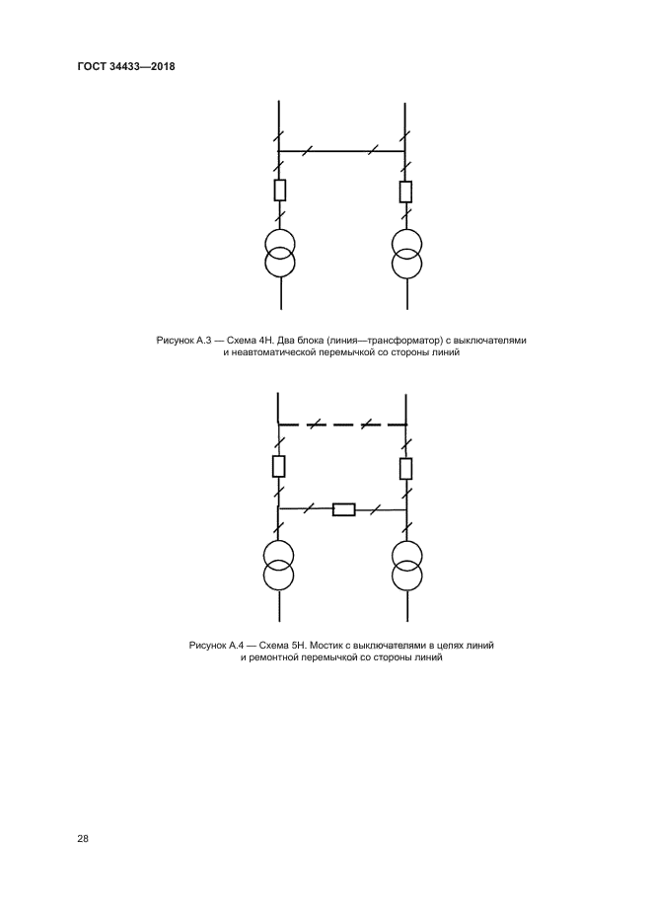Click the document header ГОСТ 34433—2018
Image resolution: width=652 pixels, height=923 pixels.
tap(125, 67)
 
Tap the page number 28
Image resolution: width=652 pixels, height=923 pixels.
tap(82, 839)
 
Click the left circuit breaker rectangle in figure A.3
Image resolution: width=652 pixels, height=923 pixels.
tap(280, 191)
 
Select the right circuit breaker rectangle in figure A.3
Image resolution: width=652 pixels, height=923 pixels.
tap(405, 191)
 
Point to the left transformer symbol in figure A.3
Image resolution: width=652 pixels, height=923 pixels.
tap(280, 253)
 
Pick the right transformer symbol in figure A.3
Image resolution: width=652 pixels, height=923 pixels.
tap(405, 253)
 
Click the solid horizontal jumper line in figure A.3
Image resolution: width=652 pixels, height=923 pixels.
tap(342, 151)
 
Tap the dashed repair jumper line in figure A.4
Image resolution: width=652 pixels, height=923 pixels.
tap(342, 424)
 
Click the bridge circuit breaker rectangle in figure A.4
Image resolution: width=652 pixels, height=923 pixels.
tap(343, 509)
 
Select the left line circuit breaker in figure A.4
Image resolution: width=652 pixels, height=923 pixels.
tap(280, 466)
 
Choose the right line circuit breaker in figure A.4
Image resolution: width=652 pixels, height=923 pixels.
tap(405, 466)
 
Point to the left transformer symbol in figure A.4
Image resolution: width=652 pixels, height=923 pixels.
tap(280, 566)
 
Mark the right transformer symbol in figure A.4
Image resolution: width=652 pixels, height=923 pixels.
tap(405, 566)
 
